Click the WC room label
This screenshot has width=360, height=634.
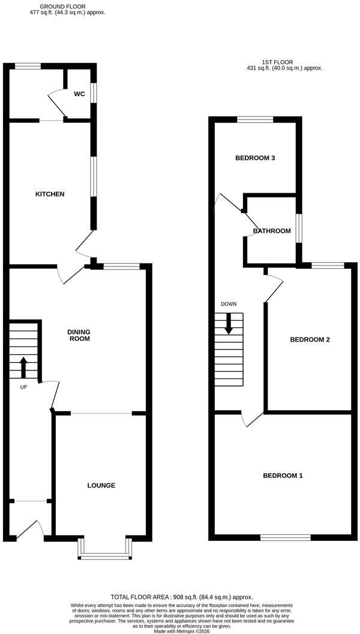(79, 94)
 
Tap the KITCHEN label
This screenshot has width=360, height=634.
(50, 194)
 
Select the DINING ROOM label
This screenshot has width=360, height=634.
(79, 335)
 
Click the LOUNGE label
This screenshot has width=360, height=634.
(101, 485)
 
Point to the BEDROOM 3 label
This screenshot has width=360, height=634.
(256, 158)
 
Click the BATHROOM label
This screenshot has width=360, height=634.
(272, 231)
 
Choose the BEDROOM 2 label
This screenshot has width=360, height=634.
(310, 340)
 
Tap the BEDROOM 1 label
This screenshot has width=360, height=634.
(283, 475)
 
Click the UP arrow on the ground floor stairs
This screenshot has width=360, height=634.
(23, 367)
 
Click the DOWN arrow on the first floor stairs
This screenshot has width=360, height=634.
(229, 324)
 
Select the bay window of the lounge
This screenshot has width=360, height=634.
(106, 549)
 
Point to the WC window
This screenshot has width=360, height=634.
(93, 93)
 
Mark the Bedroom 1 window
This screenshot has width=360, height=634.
(286, 537)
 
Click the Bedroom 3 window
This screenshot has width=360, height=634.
(255, 119)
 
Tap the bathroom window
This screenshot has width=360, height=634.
(299, 229)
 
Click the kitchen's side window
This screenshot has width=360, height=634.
(94, 177)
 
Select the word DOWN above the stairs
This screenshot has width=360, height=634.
(229, 304)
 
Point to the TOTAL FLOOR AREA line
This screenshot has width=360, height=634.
(182, 597)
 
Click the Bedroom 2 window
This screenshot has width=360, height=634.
(328, 265)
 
